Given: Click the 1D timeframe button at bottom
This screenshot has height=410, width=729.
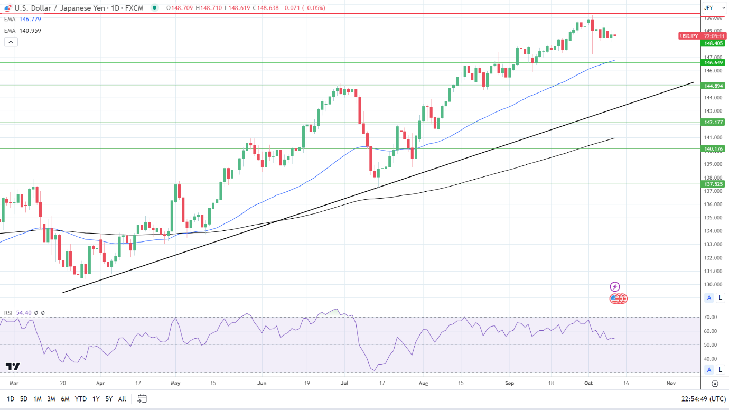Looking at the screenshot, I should coord(10,399).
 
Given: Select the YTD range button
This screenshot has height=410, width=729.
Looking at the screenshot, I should coord(81,399).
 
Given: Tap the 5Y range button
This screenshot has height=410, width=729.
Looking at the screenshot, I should coord(108,399).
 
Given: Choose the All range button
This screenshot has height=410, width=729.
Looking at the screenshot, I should coord(122,399).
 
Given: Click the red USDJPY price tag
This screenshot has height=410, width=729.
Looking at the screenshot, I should coord(689,36).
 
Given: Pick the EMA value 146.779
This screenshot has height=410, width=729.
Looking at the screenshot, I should coord(30,19).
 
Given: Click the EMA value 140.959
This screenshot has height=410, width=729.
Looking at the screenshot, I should coord(30,31).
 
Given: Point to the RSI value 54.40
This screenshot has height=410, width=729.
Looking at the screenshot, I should coord(24,313).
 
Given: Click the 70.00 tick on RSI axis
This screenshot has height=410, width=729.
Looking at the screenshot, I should coord(710,318).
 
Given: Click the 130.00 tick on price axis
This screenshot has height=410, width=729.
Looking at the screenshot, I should coord(710,284).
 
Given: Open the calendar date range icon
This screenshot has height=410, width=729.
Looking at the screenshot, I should coord(142,398).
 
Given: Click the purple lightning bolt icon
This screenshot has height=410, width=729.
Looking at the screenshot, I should coord(615,287).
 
